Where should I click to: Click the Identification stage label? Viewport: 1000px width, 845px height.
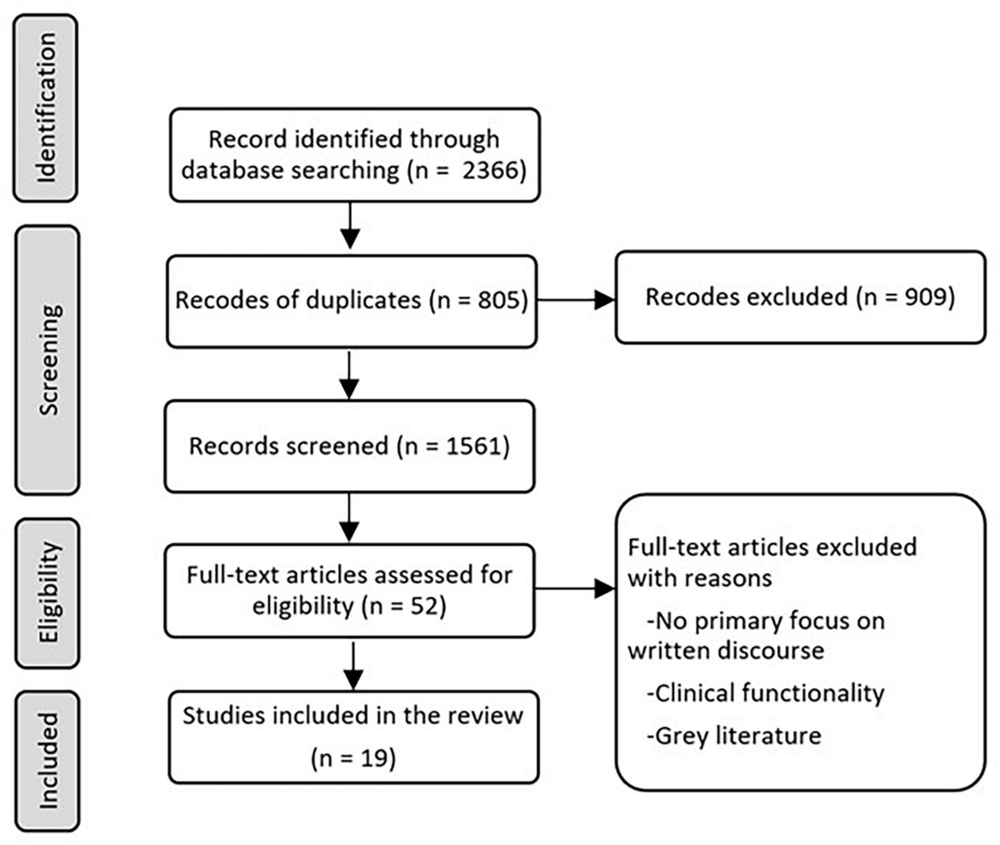(47, 108)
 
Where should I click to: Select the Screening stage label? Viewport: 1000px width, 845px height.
(48, 360)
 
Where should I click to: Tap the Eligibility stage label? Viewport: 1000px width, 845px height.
(48, 592)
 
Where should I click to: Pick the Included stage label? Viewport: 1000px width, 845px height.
(48, 760)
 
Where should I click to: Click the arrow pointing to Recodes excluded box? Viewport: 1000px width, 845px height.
(575, 300)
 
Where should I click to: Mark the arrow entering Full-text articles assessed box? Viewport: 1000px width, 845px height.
(350, 518)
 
